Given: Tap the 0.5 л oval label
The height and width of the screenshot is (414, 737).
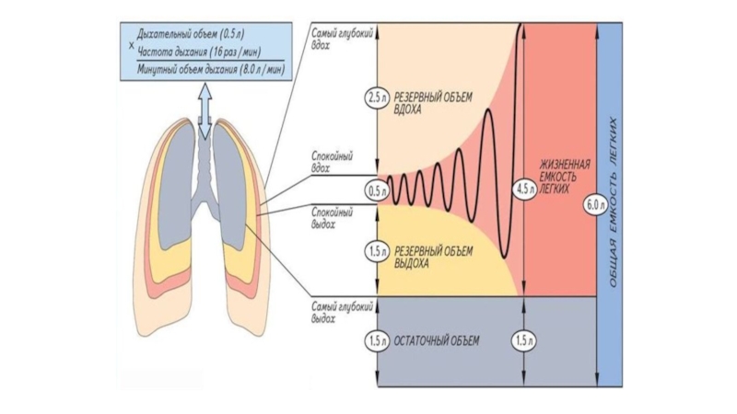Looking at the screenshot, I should pyautogui.click(x=375, y=192).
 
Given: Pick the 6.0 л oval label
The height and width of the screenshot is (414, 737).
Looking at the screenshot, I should pyautogui.click(x=594, y=206).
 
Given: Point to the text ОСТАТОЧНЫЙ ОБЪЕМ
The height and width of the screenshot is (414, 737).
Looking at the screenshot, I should pyautogui.click(x=437, y=341).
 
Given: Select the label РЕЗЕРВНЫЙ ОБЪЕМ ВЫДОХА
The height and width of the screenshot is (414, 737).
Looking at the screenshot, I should pyautogui.click(x=432, y=256).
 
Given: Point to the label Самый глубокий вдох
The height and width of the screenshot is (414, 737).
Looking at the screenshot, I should pyautogui.click(x=329, y=38).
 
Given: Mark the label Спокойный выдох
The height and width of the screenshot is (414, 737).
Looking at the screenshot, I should pyautogui.click(x=330, y=216).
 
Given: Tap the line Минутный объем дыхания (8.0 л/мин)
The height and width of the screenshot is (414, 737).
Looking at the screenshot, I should pyautogui.click(x=210, y=69).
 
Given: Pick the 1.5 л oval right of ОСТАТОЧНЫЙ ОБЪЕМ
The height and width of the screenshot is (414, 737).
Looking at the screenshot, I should pyautogui.click(x=523, y=341).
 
